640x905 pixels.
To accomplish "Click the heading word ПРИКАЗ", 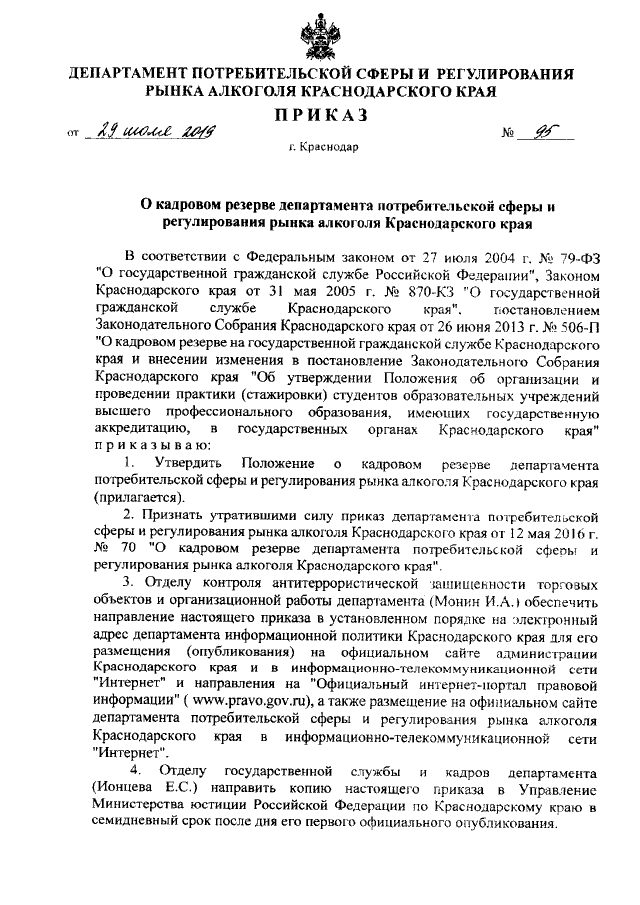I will click(319, 117).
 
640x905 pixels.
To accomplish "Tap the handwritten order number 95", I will click(545, 132).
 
